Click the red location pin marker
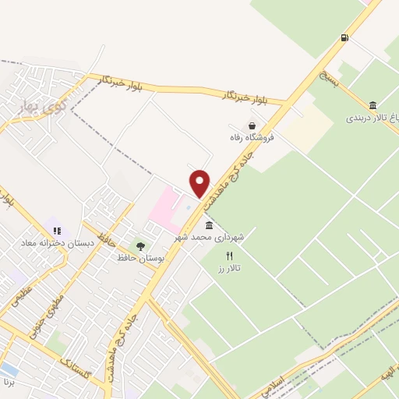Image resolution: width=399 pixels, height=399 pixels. click(200, 183)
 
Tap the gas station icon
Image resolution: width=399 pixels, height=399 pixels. click(344, 37)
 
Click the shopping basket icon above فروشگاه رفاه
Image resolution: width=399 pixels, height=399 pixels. click(252, 125)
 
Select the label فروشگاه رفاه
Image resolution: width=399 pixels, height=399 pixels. click(253, 139)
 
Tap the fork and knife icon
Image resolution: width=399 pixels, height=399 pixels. click(229, 256)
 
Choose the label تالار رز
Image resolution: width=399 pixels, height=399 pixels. click(229, 267)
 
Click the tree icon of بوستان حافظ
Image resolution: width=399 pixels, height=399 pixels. click(140, 246)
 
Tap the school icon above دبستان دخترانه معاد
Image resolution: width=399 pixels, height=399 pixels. click(57, 231)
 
